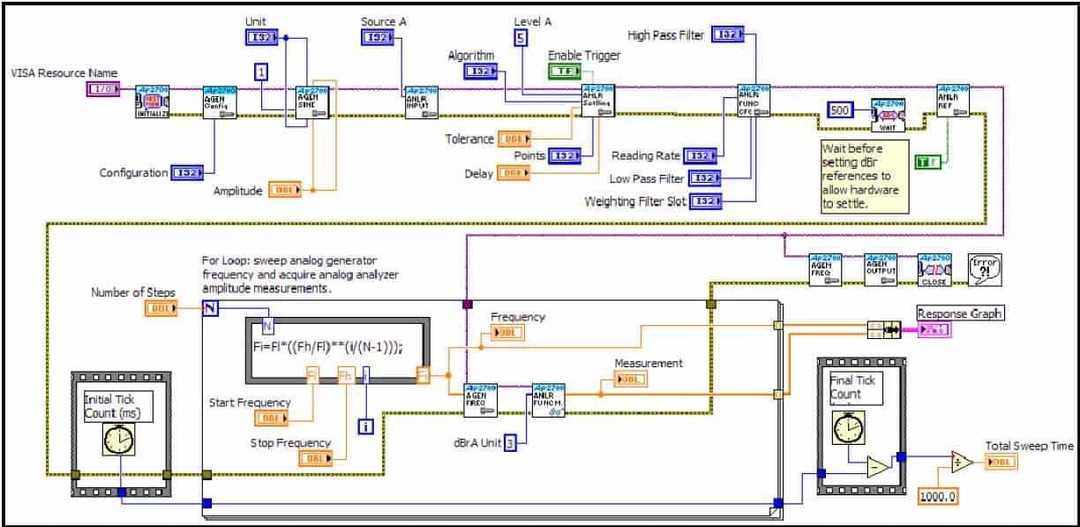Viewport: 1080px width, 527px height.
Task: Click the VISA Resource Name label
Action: point(64,72)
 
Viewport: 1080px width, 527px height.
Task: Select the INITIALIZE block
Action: point(152,102)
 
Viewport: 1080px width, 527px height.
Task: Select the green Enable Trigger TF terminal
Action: point(565,71)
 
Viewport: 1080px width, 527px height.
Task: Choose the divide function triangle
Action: point(964,462)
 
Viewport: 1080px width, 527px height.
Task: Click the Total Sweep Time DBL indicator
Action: point(1001,462)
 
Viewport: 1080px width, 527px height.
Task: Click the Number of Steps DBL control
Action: point(161,308)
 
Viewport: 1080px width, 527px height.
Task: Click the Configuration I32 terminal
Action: point(188,173)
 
